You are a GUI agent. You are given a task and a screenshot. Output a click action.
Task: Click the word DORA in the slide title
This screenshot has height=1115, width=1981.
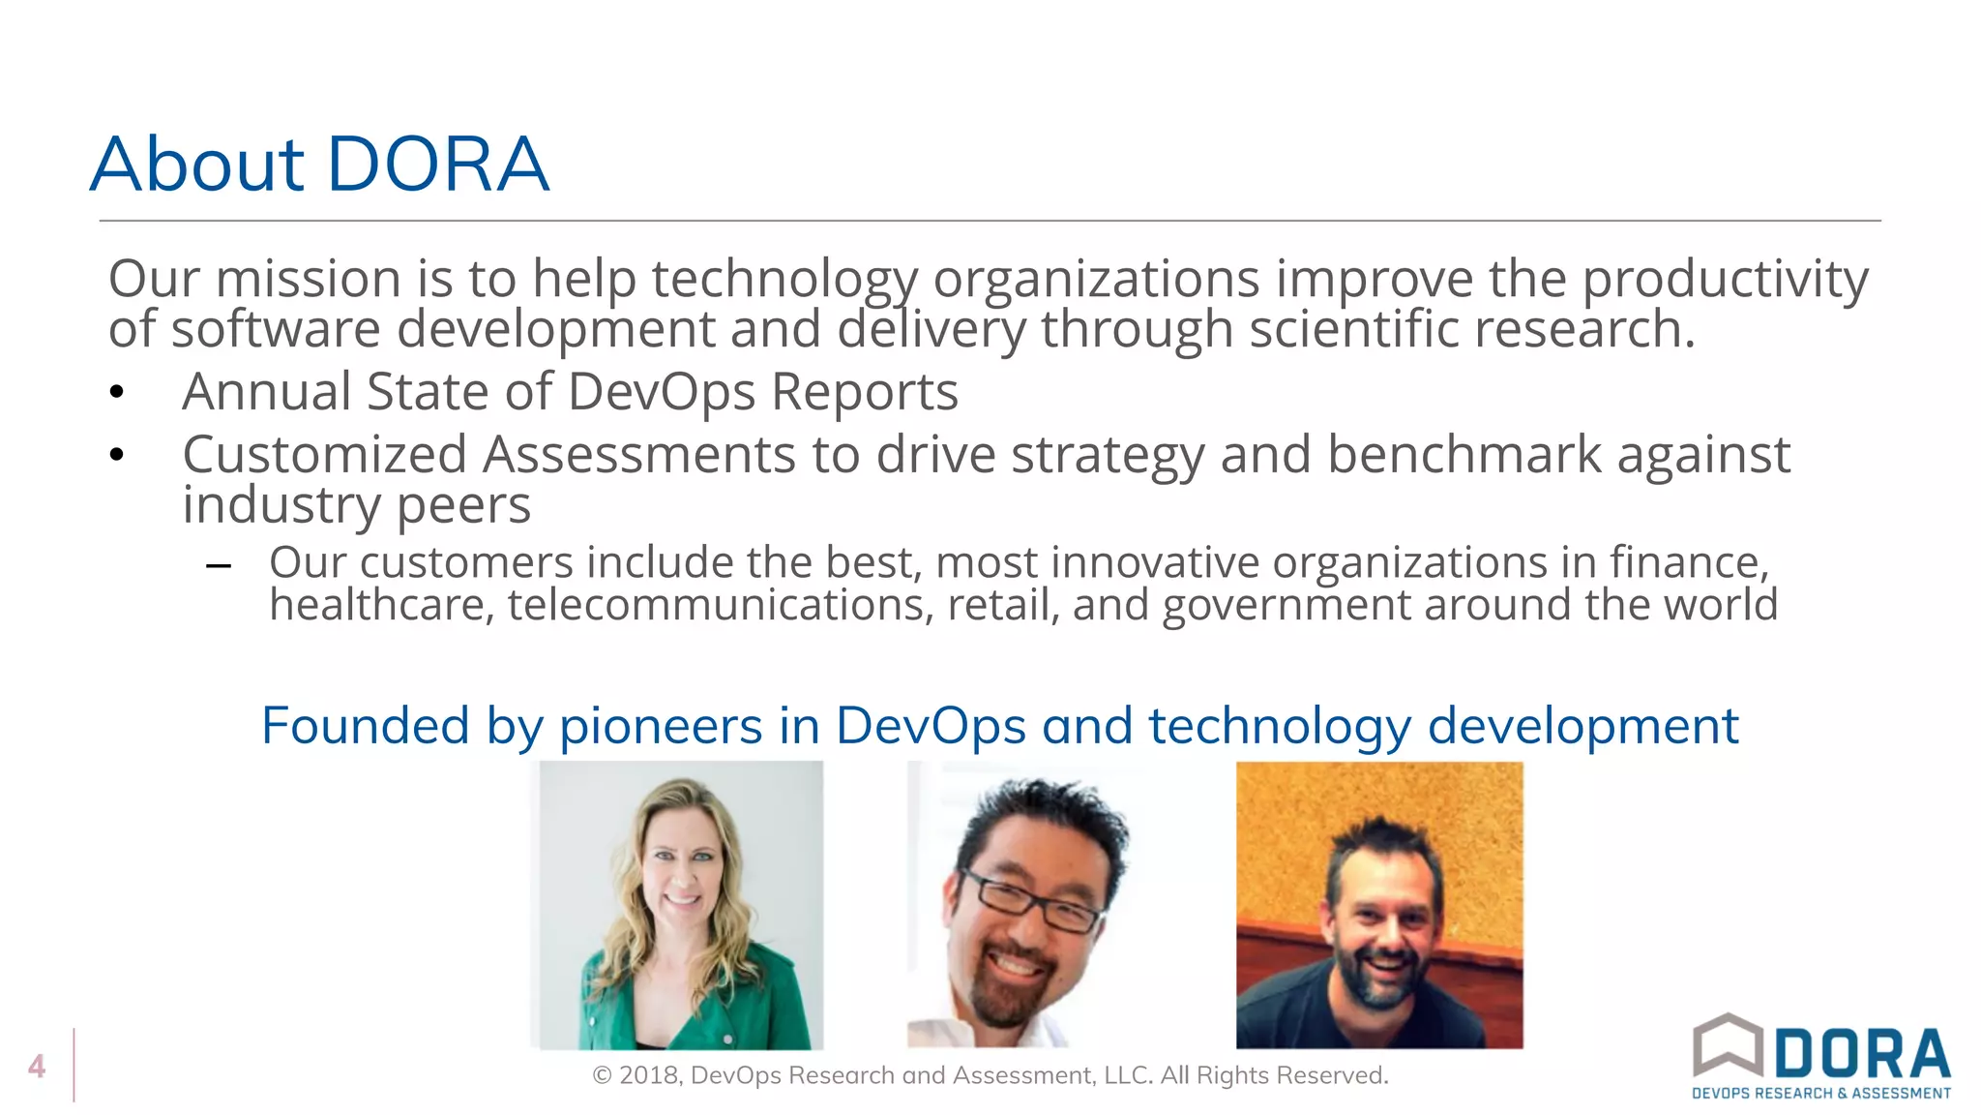[x=438, y=164]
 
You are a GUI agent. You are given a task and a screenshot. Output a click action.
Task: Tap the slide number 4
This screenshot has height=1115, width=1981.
[x=37, y=1066]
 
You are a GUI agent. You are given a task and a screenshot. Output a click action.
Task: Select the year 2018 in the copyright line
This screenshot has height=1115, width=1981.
[x=650, y=1075]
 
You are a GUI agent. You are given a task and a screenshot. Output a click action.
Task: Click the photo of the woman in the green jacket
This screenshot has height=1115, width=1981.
[x=681, y=905]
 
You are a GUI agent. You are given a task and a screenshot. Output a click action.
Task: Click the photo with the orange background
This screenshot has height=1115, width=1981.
[x=1379, y=905]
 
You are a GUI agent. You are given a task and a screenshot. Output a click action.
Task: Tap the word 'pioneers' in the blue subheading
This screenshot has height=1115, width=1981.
[x=661, y=726]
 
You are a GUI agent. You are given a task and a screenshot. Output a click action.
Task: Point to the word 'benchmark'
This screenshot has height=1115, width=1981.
[x=1464, y=455]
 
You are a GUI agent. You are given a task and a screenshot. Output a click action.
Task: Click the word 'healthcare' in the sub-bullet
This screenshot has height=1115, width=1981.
[x=381, y=605]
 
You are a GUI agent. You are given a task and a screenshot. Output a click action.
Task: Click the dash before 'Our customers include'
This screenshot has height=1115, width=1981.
[x=219, y=565]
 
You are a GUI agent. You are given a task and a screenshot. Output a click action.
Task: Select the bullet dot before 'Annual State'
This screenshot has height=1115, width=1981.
[x=117, y=392]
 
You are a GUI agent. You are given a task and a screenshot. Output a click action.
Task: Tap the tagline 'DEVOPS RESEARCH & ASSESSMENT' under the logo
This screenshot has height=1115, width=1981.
[x=1820, y=1094]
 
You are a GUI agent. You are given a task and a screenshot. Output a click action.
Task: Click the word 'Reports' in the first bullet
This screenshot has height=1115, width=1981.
[x=864, y=392]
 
